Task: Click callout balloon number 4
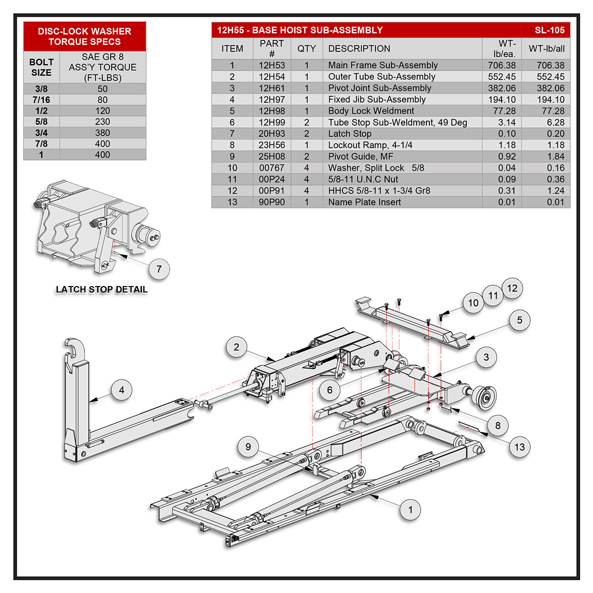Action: [122, 390]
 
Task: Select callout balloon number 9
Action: [248, 447]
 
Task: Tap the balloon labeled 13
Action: [519, 447]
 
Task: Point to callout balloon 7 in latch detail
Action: [159, 269]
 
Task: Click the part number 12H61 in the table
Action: [272, 88]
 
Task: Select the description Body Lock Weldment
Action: [371, 111]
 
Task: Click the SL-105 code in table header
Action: [549, 30]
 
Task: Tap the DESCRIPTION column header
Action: [359, 48]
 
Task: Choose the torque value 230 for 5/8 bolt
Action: [102, 122]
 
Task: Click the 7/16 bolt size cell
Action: [42, 100]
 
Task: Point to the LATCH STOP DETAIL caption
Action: [101, 290]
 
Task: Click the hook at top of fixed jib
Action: [76, 348]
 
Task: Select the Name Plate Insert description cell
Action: [364, 202]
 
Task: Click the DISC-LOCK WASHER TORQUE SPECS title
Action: [85, 36]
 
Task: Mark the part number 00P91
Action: [272, 190]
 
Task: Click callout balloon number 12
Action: [512, 288]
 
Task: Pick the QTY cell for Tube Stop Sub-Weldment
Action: [306, 122]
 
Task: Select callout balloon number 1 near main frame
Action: [410, 509]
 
